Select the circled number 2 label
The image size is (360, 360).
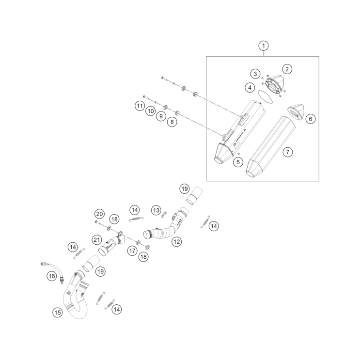(x=287, y=69)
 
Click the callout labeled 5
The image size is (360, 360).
(x=238, y=162)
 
